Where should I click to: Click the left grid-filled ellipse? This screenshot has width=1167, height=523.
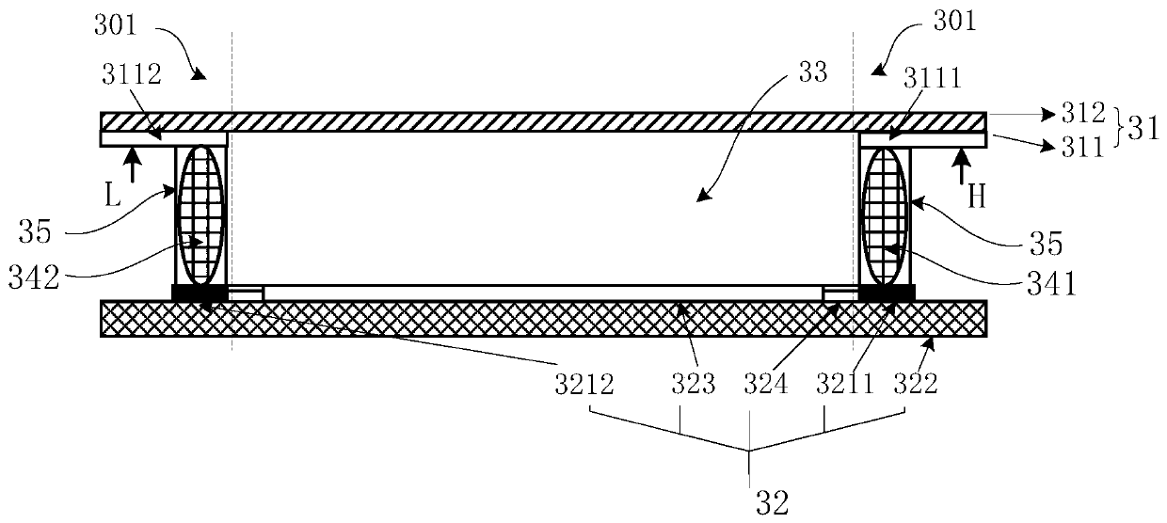pos(201,214)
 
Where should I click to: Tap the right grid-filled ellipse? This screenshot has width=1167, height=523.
pos(885,214)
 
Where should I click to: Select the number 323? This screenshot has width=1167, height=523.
pos(694,385)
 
